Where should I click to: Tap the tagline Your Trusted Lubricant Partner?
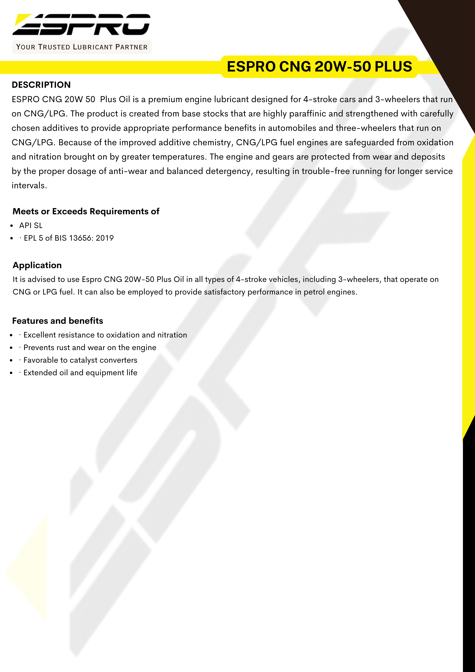[82, 47]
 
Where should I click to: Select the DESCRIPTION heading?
[41, 85]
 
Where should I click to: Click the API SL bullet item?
[31, 225]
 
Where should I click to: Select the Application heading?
[37, 265]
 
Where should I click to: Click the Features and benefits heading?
[58, 321]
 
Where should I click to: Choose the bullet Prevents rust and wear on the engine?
[90, 347]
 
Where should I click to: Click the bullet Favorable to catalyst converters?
[80, 360]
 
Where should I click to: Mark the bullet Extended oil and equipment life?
[80, 373]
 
